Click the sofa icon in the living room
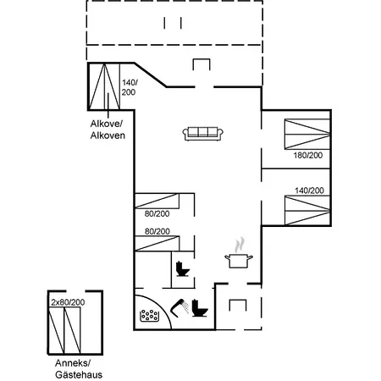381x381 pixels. [x=203, y=133]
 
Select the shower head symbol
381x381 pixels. [x=178, y=306]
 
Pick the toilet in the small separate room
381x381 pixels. [x=181, y=271]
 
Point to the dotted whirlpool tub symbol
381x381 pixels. [x=151, y=317]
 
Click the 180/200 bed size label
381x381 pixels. [x=309, y=156]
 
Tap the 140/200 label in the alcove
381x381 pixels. [x=129, y=88]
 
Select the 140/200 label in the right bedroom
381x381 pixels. [x=309, y=190]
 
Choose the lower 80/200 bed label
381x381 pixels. [x=157, y=231]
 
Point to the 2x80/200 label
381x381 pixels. [x=67, y=301]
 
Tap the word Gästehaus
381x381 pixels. [x=78, y=373]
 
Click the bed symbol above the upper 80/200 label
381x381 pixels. [x=157, y=201]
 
